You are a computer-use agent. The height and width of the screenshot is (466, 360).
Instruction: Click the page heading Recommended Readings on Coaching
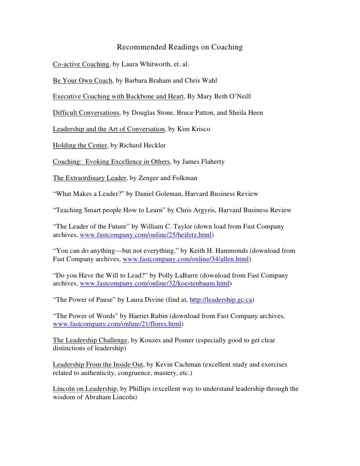[180, 47]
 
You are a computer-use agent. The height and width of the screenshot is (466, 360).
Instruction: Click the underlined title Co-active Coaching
[81, 64]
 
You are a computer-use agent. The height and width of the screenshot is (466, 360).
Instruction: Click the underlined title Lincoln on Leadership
[84, 389]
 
